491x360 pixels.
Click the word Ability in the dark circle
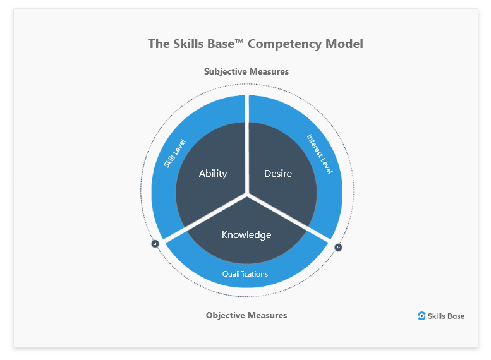coord(213,174)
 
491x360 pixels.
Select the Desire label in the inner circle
coord(278,173)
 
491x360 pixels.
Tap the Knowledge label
coord(246,235)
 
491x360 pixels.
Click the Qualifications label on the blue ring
coord(245,274)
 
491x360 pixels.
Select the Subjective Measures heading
coord(246,71)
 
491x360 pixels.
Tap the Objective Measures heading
coord(246,315)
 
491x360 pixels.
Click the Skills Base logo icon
coord(421,316)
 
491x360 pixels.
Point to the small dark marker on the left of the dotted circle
coord(155,244)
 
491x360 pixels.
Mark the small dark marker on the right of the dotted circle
coord(338,247)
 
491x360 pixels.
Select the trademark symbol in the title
coord(239,41)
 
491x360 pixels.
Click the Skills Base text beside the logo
coord(446,316)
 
